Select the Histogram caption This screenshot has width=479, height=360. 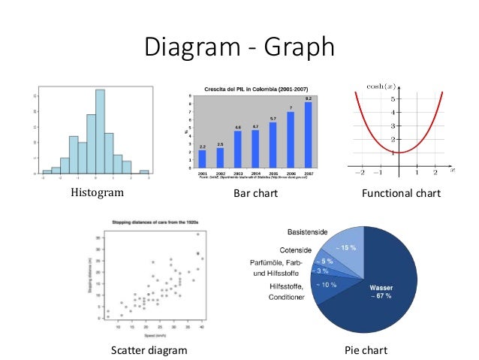tap(96, 193)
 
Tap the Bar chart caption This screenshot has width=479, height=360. tap(255, 194)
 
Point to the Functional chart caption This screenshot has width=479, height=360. tap(401, 194)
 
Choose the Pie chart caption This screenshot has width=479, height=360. tap(366, 350)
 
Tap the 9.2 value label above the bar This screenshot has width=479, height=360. tap(308, 98)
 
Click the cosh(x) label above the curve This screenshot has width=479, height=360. tap(378, 86)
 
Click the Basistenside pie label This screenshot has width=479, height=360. tap(308, 231)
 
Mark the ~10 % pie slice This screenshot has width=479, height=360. tap(327, 286)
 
